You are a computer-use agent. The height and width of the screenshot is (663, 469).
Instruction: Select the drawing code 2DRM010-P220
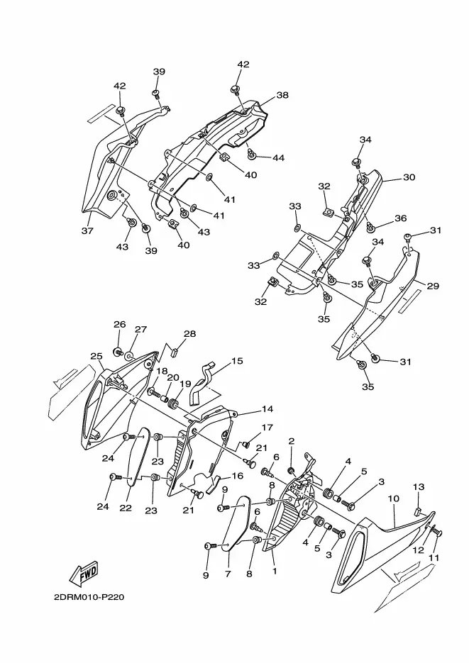tap(89, 598)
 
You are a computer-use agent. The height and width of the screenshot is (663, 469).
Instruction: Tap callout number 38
tap(282, 95)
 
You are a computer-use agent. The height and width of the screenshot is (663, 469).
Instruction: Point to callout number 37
tap(87, 231)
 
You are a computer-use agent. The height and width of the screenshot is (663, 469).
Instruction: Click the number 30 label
tap(409, 177)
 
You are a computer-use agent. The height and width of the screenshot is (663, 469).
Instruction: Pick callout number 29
tap(433, 286)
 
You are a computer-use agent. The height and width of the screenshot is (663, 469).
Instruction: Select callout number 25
tap(96, 357)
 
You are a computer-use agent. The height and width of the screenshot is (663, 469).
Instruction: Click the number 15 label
tap(237, 361)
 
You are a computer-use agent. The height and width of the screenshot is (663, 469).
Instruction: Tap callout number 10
tap(393, 498)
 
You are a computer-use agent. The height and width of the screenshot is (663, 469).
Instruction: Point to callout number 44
tap(278, 157)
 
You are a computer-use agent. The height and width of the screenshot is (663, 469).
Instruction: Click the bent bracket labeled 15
tap(202, 384)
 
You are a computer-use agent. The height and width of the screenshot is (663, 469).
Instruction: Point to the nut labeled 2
tap(292, 470)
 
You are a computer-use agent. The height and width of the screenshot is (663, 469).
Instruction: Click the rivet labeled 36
tap(370, 228)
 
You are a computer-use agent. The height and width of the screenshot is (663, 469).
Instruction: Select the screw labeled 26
tap(118, 351)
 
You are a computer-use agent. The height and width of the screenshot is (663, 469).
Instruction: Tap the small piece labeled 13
tap(418, 512)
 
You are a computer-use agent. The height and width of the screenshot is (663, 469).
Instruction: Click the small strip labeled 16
tap(214, 484)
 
